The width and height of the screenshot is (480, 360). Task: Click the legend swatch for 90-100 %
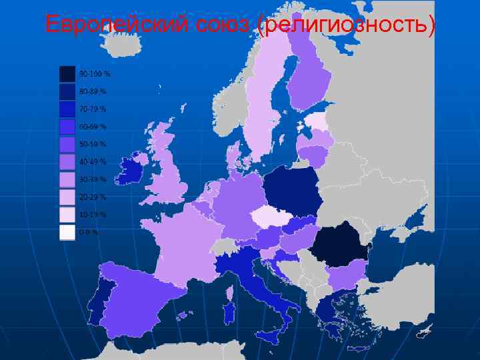coord(67,73)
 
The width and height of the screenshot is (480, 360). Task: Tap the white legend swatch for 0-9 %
coord(67,232)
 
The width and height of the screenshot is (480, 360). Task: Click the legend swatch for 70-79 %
coord(67,109)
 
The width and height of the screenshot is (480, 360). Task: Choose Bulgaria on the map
coord(347,272)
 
